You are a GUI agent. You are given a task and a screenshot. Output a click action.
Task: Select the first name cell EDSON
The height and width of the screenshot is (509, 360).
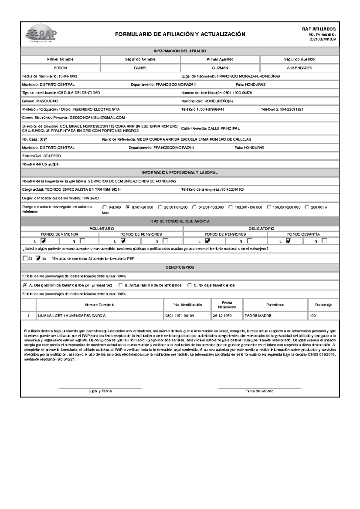click(60, 68)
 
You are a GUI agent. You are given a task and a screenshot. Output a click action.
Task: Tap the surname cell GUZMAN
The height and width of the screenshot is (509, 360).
click(220, 68)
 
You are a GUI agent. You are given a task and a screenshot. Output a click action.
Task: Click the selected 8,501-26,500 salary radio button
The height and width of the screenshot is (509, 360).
click(128, 207)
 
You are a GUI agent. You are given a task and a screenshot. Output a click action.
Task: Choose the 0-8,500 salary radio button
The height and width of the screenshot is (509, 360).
click(104, 207)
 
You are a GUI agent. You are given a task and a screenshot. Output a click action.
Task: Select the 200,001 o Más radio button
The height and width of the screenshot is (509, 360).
click(307, 207)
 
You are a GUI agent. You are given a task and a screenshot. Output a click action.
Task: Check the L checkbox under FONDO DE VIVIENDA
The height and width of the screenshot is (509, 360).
click(43, 241)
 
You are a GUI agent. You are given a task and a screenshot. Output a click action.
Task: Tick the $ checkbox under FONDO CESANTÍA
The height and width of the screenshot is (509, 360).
click(324, 241)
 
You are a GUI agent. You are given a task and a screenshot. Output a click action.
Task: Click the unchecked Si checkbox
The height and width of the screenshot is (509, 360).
click(25, 258)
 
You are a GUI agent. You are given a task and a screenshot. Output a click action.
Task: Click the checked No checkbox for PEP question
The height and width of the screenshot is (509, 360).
click(38, 258)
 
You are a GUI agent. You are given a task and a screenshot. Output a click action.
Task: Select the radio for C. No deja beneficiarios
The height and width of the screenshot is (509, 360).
click(189, 285)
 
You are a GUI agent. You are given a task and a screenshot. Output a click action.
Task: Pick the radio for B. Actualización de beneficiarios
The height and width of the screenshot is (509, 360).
click(120, 285)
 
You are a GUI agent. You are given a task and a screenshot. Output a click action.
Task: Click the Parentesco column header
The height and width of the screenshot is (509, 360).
click(275, 305)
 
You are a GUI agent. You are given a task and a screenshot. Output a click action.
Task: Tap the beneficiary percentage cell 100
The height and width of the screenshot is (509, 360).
click(313, 316)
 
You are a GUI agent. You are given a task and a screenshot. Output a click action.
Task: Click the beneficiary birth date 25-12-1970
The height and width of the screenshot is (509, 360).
click(222, 316)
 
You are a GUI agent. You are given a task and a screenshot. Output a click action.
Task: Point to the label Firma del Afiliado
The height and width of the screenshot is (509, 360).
click(259, 391)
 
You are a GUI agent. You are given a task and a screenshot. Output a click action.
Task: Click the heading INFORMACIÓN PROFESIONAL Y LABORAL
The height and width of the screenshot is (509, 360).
click(180, 173)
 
